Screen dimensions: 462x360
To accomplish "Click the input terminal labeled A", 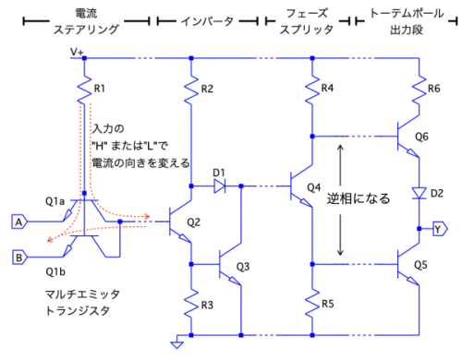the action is pos(19,222).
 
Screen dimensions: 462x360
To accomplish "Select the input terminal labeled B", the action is pos(19,258).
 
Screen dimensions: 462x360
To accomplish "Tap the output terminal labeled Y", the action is pos(441,229).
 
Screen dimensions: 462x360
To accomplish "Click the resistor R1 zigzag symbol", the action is pos(84,90).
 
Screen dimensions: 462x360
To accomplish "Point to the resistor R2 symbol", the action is pos(191,90).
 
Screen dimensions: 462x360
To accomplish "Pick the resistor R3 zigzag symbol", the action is pos(191,305).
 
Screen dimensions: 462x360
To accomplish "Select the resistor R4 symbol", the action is pos(312,90).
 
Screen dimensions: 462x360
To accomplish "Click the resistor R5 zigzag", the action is pos(312,304).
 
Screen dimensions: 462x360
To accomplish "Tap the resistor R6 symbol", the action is pos(419,90).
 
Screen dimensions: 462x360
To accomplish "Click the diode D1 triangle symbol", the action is pos(219,186).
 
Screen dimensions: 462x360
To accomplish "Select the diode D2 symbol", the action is pos(419,193).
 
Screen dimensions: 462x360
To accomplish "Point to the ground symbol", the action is pos(177,342).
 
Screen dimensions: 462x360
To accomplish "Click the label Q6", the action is pos(421,137).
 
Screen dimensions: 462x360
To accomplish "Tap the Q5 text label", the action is pos(420,265).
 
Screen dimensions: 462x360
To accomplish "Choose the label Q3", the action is pos(243,267).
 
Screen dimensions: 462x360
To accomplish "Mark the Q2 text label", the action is pos(193,222).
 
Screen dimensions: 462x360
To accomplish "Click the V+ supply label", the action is pos(77,52).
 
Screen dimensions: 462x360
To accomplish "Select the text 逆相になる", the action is pos(359,198).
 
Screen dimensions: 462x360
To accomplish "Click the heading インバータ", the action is pos(207,21).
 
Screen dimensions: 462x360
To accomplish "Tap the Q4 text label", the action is pos(314,187).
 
